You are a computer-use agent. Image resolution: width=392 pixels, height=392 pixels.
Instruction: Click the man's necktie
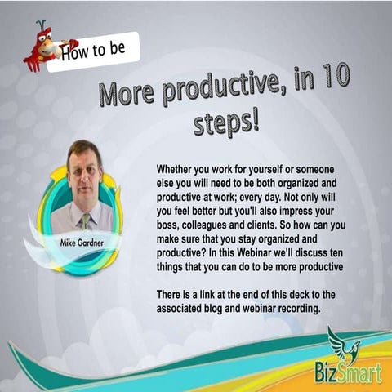point(84,220)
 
